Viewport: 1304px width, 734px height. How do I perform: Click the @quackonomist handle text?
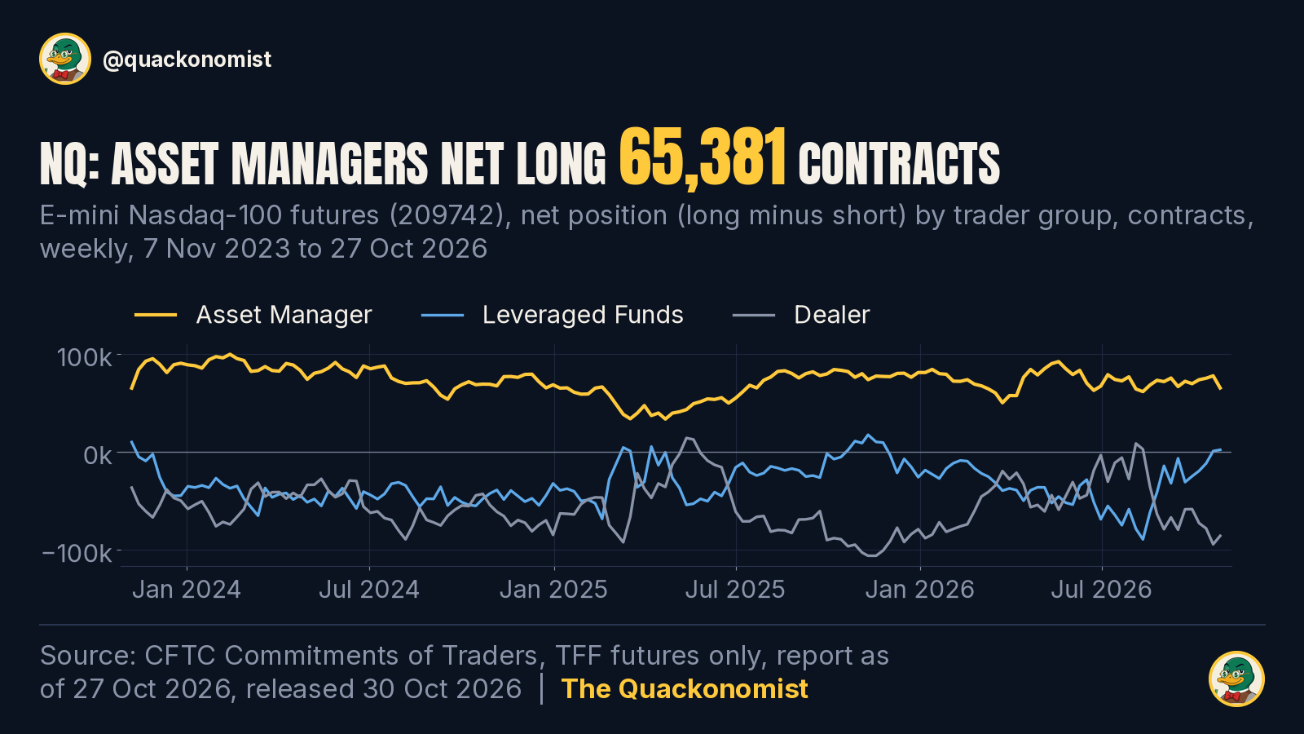point(187,60)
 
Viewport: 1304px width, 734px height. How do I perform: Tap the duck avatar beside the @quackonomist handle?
point(65,59)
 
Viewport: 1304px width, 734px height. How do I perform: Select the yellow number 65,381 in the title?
point(703,158)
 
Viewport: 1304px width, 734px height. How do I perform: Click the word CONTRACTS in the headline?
point(899,164)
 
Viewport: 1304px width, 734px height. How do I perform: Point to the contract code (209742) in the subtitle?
point(447,215)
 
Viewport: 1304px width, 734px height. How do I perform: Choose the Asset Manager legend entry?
point(253,315)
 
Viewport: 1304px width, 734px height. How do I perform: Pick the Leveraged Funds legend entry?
point(553,315)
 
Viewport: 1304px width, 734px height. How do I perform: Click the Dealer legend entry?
point(801,315)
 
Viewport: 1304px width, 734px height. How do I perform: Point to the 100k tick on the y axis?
point(84,357)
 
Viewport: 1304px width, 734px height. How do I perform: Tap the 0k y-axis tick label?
point(97,455)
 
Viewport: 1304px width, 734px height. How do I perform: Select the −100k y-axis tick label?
point(77,553)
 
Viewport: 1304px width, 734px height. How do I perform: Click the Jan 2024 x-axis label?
point(187,590)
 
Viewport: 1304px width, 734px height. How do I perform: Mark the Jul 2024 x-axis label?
point(369,590)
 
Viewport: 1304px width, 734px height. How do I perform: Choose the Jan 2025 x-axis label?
point(553,590)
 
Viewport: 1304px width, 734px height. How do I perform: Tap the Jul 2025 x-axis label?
point(735,590)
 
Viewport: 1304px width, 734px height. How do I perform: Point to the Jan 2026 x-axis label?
point(920,590)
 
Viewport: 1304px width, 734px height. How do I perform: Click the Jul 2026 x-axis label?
point(1101,590)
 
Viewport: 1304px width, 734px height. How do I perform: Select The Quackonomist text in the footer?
point(685,688)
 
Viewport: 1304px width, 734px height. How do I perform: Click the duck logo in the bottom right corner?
point(1236,679)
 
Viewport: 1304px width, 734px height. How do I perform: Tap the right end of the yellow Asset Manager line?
point(1221,388)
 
